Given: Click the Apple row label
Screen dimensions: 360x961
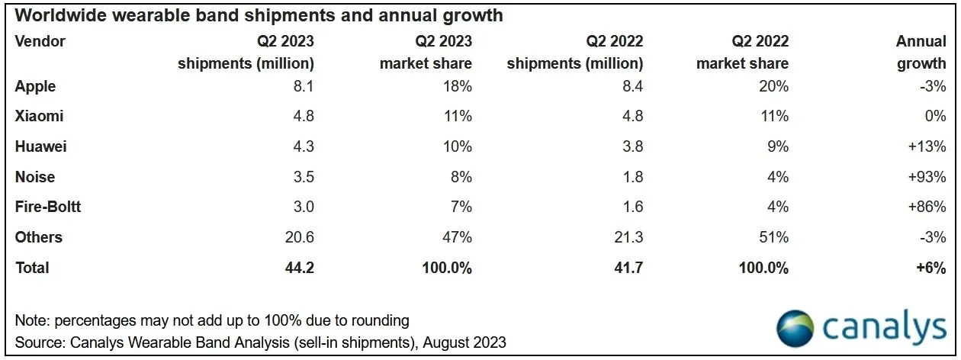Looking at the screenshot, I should tap(35, 86).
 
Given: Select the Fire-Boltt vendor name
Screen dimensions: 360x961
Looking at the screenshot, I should tap(47, 207).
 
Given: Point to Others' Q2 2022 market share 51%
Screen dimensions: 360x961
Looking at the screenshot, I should tap(773, 237).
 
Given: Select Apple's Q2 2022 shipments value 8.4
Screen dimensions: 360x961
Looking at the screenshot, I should tap(628, 86).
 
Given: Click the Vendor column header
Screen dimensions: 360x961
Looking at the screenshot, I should tap(40, 41).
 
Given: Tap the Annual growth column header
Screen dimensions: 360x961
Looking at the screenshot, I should tap(921, 52).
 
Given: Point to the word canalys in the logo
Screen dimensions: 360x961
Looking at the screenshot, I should tap(885, 328).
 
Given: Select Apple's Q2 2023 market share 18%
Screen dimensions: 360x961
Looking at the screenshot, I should tap(456, 86).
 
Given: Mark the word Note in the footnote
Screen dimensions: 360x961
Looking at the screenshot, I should tap(31, 320).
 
